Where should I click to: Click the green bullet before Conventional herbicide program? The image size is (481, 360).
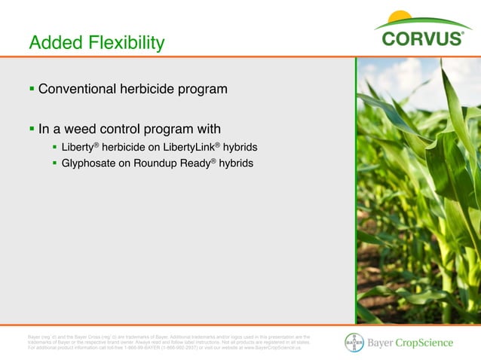(32, 90)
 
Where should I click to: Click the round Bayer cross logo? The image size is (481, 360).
(354, 343)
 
